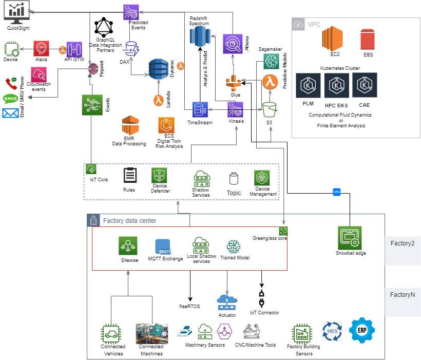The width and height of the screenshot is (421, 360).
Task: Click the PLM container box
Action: tap(309, 91)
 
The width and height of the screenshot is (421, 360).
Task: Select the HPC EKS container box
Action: tap(337, 91)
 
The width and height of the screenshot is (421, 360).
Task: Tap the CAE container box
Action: tap(365, 91)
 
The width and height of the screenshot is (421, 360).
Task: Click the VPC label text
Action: tap(314, 25)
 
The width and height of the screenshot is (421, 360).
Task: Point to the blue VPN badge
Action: tap(337, 192)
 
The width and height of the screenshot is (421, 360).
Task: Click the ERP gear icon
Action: tap(362, 330)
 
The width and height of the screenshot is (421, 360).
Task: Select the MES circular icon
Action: tap(332, 331)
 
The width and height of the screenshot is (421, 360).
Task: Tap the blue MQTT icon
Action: tap(163, 247)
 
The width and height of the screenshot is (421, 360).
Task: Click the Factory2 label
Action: tap(402, 243)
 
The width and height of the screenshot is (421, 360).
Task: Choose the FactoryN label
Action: tap(402, 295)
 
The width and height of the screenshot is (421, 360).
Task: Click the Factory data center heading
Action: tap(129, 221)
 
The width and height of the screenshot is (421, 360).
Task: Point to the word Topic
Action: tap(234, 193)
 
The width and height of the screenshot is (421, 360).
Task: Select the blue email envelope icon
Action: tap(10, 113)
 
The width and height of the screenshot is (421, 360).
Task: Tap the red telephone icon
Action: tap(11, 83)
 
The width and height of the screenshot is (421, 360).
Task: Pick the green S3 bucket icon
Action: tap(270, 109)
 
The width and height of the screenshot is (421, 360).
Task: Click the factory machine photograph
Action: tap(151, 333)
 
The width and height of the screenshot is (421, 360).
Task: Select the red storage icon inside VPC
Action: tap(367, 40)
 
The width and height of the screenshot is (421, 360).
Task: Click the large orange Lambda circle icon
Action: tap(270, 82)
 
